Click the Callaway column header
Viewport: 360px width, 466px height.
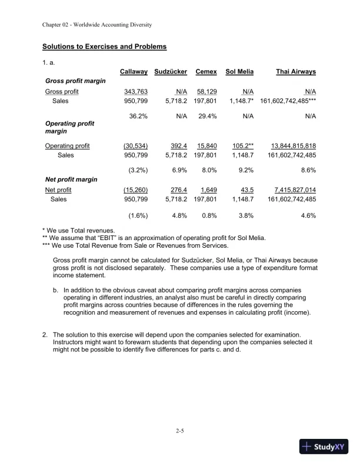pos(133,71)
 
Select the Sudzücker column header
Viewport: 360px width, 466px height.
pos(171,71)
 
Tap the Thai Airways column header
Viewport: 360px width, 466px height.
pos(296,71)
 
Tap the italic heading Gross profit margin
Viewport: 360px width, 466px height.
pos(75,81)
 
